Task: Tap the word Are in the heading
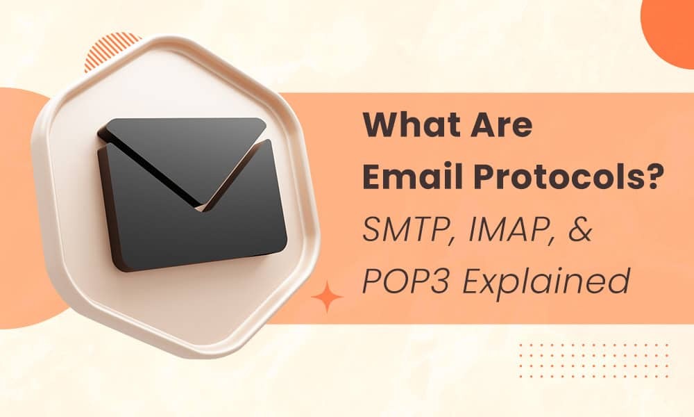(x=500, y=126)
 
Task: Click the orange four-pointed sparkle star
(x=328, y=297)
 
